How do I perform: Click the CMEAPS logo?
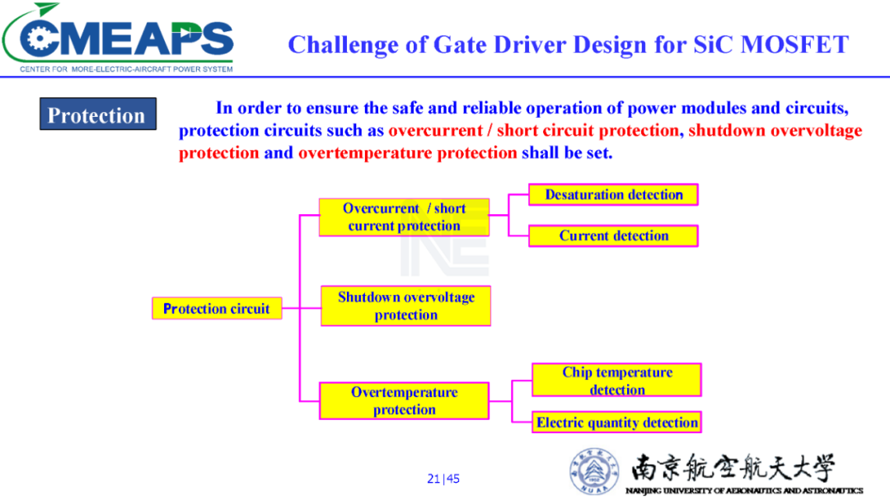118,37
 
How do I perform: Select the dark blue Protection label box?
97,114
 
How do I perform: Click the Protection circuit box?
217,308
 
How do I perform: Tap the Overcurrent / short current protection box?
404,217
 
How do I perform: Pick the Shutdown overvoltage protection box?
405,306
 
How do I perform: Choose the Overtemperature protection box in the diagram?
404,400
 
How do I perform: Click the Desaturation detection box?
614,194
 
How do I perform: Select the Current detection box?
614,236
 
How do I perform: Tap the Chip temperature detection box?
617,381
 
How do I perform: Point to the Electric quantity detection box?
617,423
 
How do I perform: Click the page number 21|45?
443,479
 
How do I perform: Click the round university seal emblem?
594,471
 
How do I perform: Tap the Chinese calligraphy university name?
733,468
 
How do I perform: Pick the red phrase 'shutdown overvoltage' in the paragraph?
775,130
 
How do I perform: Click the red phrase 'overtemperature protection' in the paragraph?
408,152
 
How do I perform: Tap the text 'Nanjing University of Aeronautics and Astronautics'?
744,490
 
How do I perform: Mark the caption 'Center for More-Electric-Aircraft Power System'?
126,69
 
